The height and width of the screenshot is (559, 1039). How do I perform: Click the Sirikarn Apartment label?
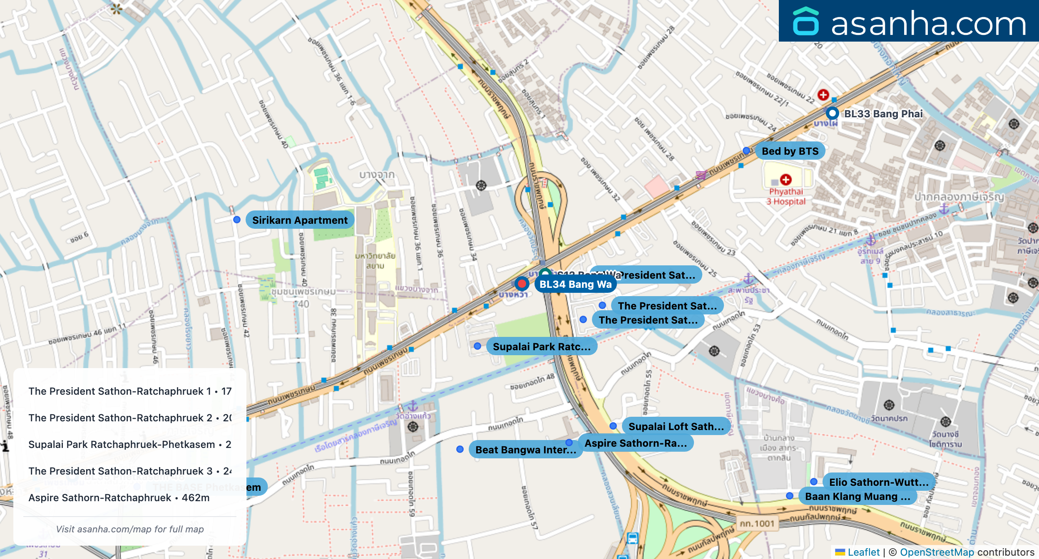pos(300,220)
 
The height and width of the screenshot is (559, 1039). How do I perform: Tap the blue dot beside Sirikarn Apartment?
pos(237,220)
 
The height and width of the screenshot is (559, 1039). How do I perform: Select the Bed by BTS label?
pos(790,151)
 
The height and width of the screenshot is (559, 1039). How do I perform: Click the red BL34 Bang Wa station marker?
pos(522,284)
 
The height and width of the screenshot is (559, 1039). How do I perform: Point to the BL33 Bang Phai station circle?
pos(832,113)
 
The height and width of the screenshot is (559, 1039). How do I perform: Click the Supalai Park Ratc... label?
pos(541,346)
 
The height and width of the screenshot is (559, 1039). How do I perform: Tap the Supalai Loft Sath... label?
pos(676,426)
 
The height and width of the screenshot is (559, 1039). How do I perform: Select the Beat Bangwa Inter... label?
pos(525,450)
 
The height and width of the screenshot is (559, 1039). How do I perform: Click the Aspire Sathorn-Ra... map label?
pos(635,443)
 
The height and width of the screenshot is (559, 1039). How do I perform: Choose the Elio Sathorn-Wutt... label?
pos(878,482)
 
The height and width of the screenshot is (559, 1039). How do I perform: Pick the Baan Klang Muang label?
pos(857,496)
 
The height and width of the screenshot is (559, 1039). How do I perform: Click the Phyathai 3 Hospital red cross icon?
pos(786,180)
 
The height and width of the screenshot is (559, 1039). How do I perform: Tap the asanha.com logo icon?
pos(806,22)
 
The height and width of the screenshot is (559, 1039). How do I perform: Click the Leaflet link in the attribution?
pos(863,552)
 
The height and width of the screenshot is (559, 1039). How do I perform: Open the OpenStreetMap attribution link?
pos(937,552)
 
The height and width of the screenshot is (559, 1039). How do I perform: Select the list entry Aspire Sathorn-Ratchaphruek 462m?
pos(119,497)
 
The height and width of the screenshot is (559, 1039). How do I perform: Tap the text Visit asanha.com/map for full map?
pos(130,529)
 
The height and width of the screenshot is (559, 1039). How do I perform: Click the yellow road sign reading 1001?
pos(757,524)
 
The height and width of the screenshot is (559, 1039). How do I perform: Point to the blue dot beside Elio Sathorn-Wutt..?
pos(814,482)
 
